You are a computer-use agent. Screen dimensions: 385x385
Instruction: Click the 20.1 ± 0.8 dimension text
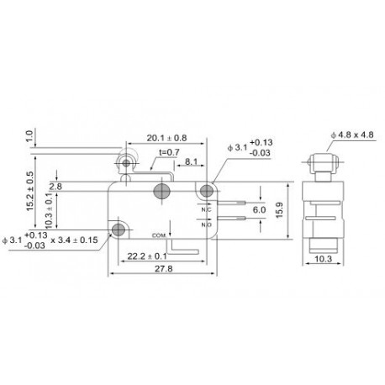click(166, 138)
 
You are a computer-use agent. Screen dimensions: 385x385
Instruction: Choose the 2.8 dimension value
click(55, 186)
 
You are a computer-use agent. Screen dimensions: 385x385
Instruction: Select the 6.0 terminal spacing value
click(259, 209)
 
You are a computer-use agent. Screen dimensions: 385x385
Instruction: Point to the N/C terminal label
click(207, 210)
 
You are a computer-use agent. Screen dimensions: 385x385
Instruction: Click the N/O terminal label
click(207, 224)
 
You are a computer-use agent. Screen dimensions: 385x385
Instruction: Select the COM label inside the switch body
click(159, 235)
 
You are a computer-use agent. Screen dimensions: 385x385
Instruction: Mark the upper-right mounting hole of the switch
click(206, 192)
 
